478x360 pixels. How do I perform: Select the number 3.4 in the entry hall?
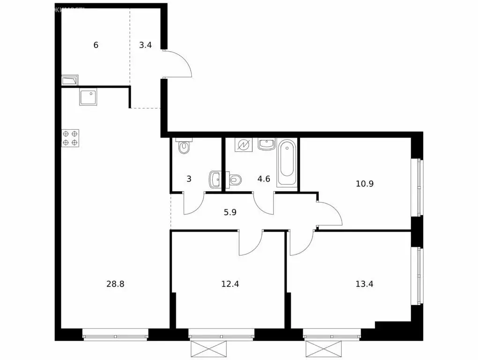[145, 45]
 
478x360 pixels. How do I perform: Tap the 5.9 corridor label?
[230, 212]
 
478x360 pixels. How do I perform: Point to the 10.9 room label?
[365, 184]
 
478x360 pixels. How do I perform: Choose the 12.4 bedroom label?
[230, 284]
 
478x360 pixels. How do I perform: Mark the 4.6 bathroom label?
[264, 179]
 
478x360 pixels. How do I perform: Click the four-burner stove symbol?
[70, 138]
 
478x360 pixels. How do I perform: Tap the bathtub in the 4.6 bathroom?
[287, 162]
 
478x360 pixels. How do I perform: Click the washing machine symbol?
[244, 145]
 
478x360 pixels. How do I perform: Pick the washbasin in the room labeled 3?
[215, 178]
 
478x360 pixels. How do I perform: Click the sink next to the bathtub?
[266, 145]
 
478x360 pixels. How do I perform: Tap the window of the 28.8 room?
[115, 335]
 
